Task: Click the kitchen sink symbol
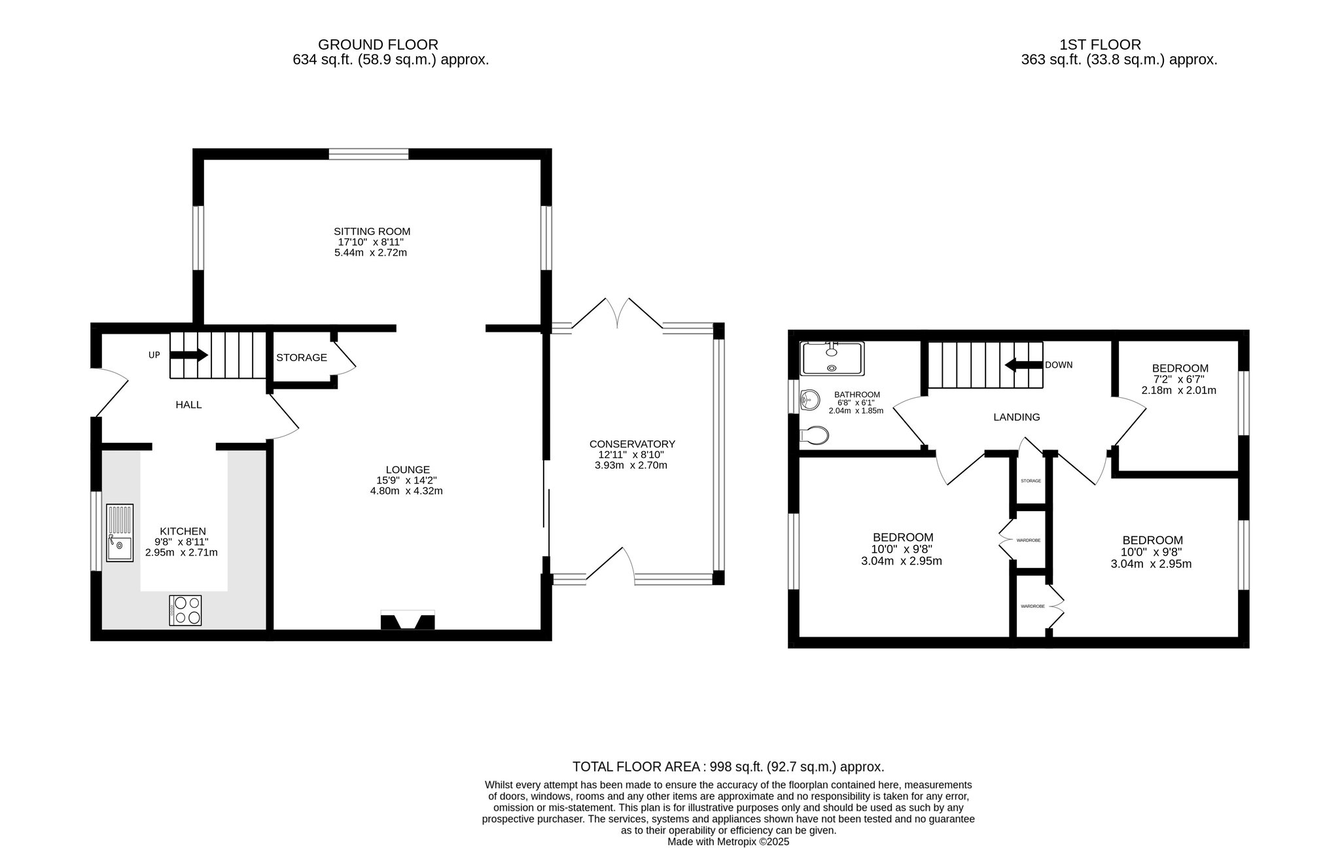coord(120,533)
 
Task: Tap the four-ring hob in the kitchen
coord(185,610)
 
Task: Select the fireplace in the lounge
coord(408,620)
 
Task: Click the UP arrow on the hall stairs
coord(189,355)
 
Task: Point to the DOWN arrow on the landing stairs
coord(1023,364)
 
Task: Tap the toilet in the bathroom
coord(813,435)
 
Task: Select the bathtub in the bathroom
coord(832,358)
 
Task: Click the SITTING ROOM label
coord(372,231)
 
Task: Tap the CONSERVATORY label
coord(632,444)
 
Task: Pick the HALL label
coord(188,405)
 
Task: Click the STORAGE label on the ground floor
coord(302,357)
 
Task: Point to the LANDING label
coord(1017,417)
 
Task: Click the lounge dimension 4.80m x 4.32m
coord(406,491)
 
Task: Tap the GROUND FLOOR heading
coord(378,44)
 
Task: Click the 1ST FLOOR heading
coord(1101,44)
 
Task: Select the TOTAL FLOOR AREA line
coord(728,766)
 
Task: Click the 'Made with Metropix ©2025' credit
coord(728,842)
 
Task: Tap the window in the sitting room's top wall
coord(368,154)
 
